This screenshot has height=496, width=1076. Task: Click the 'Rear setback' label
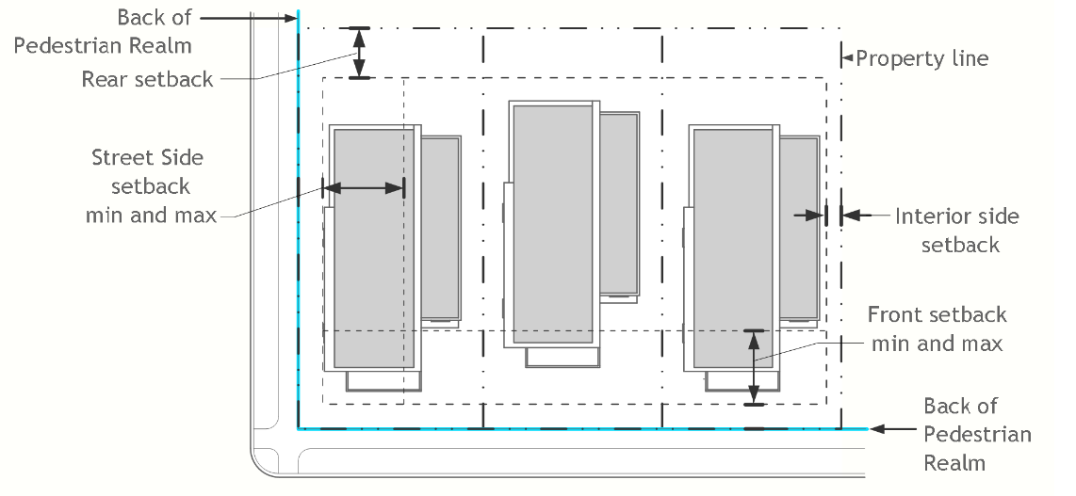point(147,79)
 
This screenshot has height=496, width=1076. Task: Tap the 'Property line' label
point(922,58)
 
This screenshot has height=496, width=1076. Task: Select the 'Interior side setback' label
point(956,231)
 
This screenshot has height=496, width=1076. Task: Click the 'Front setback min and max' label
point(937,328)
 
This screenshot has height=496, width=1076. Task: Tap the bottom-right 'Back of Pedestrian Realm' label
point(976,434)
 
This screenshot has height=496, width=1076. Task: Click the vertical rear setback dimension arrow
point(359,53)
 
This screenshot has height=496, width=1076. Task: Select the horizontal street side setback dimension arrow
point(363,188)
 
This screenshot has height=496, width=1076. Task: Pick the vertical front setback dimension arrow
point(752,367)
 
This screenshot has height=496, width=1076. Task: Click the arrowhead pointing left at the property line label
point(847,58)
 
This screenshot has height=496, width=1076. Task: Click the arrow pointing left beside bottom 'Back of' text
point(891,429)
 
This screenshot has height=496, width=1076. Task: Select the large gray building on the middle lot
point(552,224)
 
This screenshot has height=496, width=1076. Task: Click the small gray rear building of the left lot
point(440,226)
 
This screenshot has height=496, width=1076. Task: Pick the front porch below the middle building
point(562,358)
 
